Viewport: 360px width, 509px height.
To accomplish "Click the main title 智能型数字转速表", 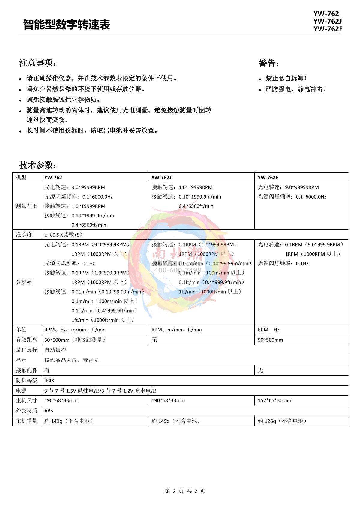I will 67,25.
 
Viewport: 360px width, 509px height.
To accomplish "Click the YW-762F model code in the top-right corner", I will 328,29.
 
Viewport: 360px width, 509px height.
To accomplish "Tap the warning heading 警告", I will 269,63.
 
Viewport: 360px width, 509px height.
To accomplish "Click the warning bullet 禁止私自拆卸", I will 286,79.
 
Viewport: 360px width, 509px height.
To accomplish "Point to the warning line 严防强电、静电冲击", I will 296,89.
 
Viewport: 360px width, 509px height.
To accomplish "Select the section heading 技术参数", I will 37,165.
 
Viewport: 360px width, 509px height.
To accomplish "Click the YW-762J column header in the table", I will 161,178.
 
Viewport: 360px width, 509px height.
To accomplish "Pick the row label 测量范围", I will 27,206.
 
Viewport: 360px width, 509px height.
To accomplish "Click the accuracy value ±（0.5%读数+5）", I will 64,235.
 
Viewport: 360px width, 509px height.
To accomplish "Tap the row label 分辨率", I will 24,282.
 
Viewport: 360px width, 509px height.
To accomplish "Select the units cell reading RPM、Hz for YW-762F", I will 268,330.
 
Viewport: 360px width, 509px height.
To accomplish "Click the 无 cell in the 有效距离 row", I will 154,340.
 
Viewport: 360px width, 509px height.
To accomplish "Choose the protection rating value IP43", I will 49,381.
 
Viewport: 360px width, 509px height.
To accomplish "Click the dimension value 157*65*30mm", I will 274,400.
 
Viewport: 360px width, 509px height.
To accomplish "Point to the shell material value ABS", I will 49,411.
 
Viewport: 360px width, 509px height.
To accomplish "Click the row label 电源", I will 21,391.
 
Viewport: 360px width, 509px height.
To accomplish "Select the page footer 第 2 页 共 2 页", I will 185,491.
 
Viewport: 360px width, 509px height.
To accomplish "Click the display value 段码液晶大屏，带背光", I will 71,360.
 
